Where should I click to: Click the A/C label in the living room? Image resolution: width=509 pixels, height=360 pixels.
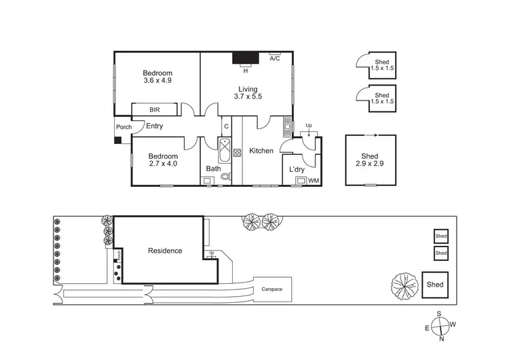[x=275, y=59]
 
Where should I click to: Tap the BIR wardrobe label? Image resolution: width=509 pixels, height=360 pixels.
[x=154, y=109]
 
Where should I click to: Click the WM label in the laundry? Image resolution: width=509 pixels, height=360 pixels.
[x=313, y=181]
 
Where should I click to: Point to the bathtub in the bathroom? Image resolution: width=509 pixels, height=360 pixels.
[x=225, y=147]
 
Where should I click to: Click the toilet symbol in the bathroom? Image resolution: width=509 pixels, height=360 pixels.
[x=225, y=178]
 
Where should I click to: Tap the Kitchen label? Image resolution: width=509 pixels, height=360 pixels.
[x=261, y=151]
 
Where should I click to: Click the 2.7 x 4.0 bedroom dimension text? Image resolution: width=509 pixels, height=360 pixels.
[x=163, y=163]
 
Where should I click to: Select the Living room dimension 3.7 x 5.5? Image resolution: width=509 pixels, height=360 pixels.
[x=248, y=96]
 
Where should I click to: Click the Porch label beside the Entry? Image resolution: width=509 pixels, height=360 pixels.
[x=123, y=127]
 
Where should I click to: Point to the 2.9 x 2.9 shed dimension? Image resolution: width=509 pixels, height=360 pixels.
[x=370, y=163]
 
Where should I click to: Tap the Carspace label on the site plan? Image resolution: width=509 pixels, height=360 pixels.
[x=271, y=289]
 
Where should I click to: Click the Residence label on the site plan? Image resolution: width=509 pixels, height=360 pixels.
[x=165, y=251]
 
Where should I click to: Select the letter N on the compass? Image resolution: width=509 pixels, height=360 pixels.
[x=442, y=338]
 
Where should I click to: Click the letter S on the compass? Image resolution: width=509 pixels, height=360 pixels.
[x=439, y=314]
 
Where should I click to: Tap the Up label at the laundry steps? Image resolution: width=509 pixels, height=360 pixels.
[x=309, y=126]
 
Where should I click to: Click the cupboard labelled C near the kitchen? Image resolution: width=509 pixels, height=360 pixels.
[x=225, y=126]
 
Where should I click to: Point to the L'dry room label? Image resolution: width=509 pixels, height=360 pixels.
[x=297, y=169]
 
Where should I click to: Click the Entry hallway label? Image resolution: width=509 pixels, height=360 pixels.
[x=155, y=126]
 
